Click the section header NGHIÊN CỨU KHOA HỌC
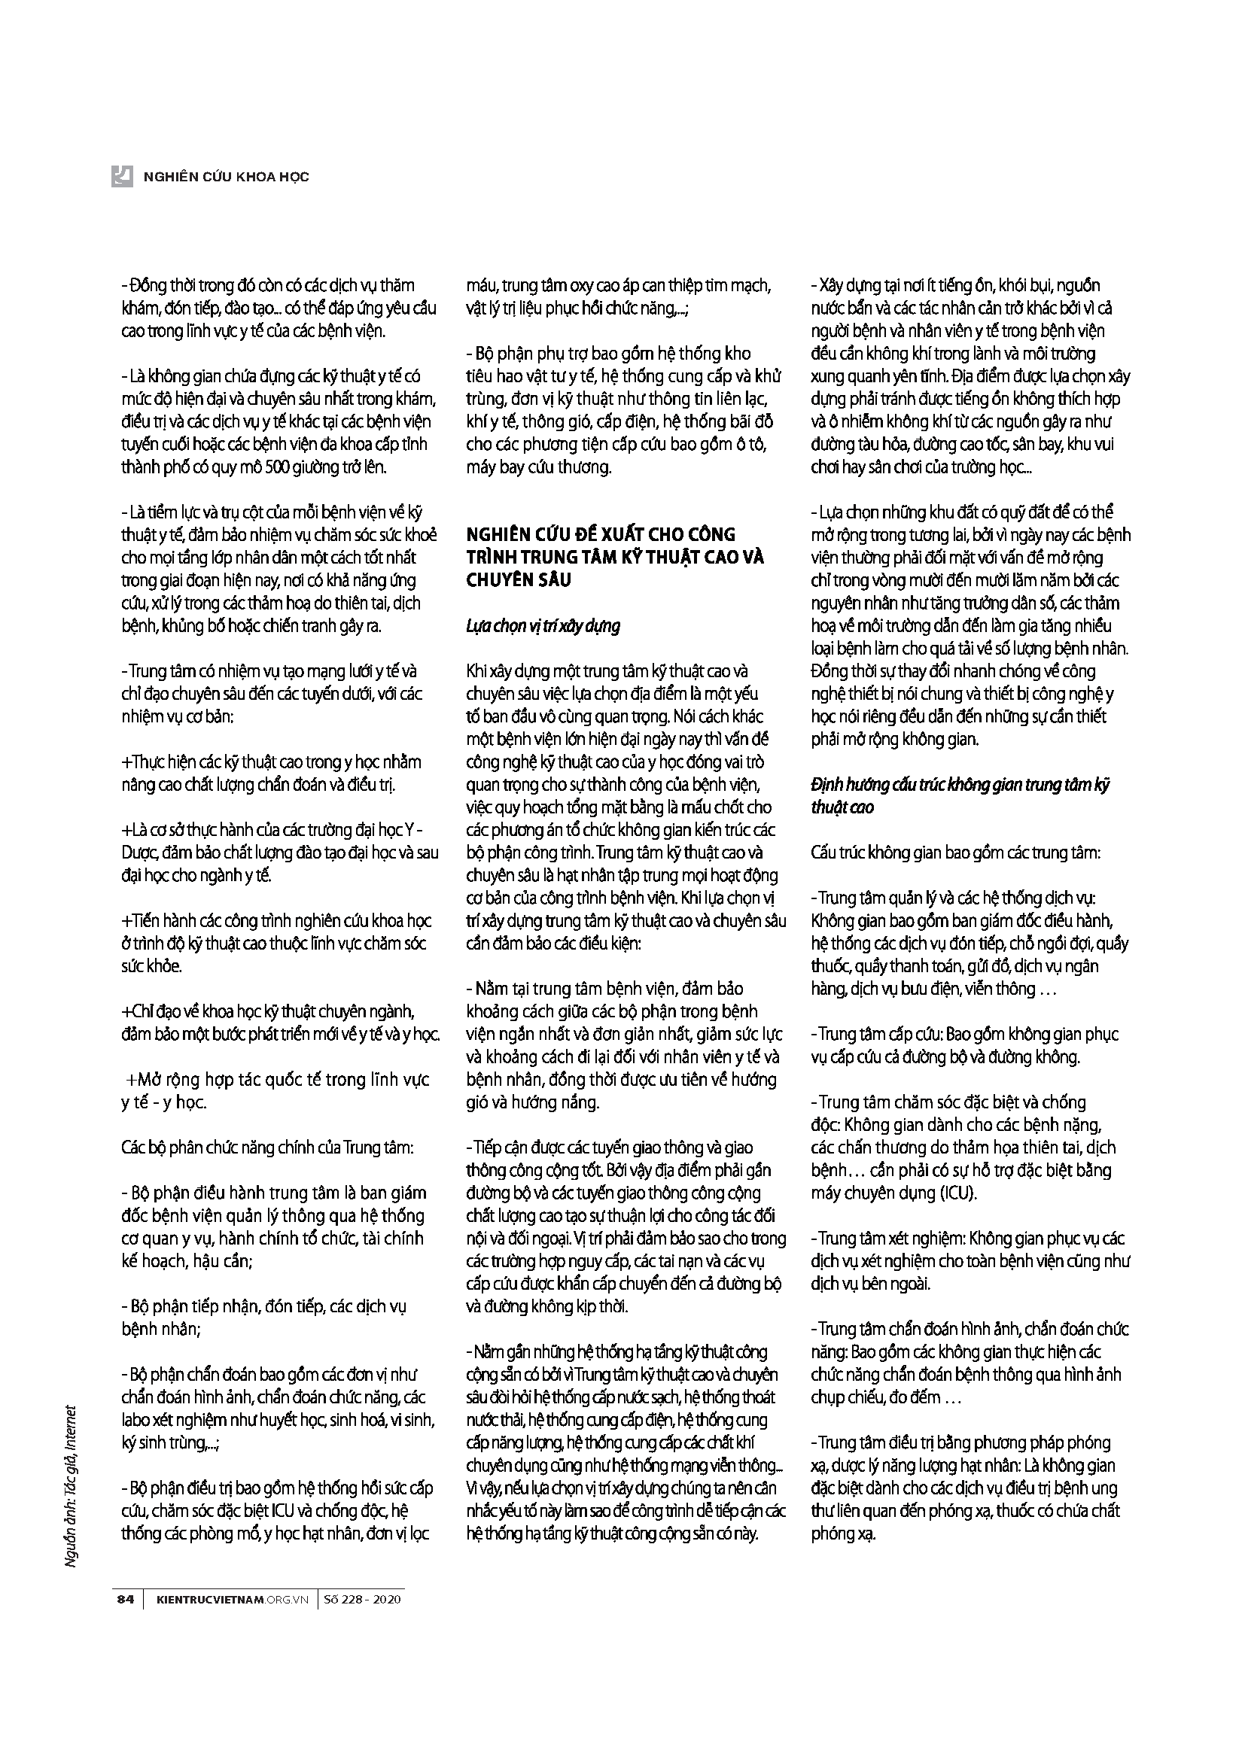pyautogui.click(x=226, y=177)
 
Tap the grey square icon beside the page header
pyautogui.click(x=123, y=176)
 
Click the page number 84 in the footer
pyautogui.click(x=125, y=1599)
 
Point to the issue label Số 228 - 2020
pyautogui.click(x=363, y=1599)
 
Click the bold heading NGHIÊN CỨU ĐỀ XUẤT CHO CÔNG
pyautogui.click(x=600, y=533)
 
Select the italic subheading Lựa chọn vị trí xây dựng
pyautogui.click(x=543, y=625)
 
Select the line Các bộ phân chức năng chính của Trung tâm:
pyautogui.click(x=267, y=1147)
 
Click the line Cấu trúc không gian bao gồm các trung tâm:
pyautogui.click(x=955, y=853)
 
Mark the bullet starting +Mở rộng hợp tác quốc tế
pyautogui.click(x=277, y=1080)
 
